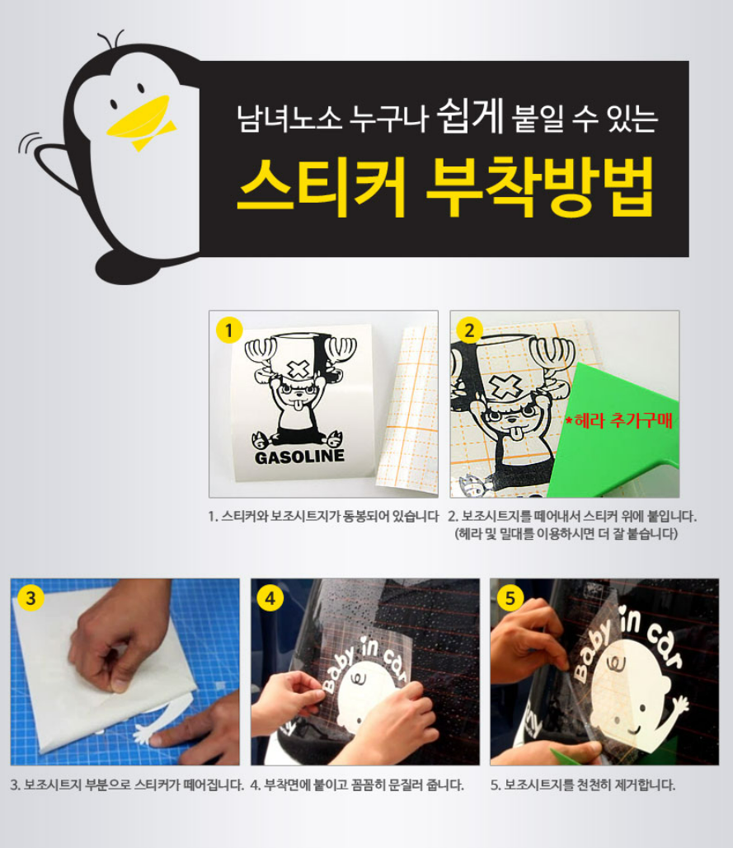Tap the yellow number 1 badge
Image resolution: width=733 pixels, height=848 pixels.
click(x=229, y=330)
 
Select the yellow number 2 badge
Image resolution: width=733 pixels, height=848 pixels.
click(x=469, y=330)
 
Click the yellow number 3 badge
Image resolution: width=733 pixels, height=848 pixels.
click(x=31, y=598)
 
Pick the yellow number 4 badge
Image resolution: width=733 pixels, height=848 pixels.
click(x=270, y=598)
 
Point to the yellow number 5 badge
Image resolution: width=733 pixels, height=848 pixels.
click(x=510, y=598)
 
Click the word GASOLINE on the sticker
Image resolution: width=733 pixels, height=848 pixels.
click(x=299, y=457)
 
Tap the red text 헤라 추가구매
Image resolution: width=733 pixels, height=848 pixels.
click(x=619, y=421)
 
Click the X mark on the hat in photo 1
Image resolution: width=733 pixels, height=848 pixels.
click(x=297, y=370)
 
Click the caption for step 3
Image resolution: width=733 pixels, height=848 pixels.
click(x=127, y=785)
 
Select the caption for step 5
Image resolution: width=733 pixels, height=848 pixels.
click(x=583, y=785)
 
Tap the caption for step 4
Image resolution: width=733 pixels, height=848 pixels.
click(x=357, y=785)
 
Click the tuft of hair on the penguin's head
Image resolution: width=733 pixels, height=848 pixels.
click(x=110, y=39)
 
